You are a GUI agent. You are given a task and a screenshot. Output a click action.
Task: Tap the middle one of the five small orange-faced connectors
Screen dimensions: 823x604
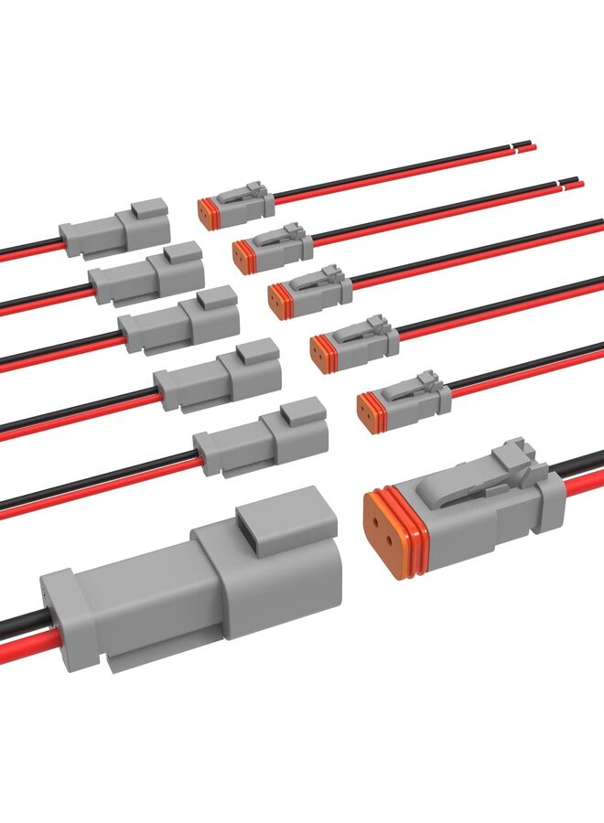click(x=310, y=291)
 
